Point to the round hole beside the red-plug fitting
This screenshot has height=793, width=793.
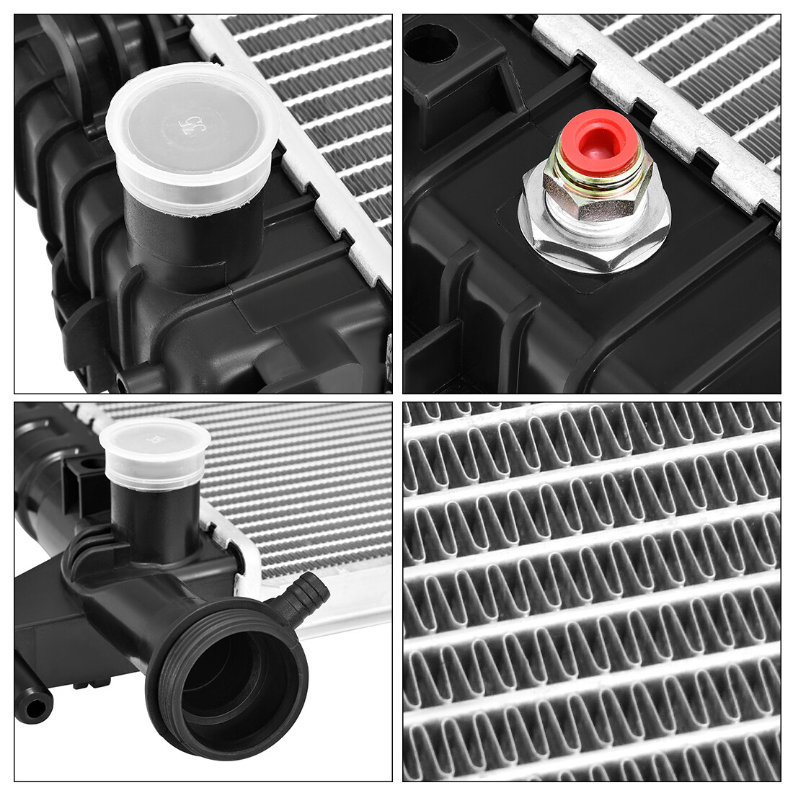tap(431, 45)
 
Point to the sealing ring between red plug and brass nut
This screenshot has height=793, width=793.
tap(598, 173)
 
